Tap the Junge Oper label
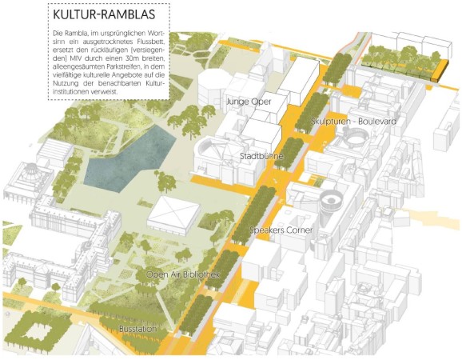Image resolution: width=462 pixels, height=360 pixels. point(248,102)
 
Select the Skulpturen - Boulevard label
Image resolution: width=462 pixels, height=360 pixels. point(354,122)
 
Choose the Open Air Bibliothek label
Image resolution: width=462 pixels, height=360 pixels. point(181,275)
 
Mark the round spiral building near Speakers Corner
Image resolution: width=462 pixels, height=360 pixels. point(330,201)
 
